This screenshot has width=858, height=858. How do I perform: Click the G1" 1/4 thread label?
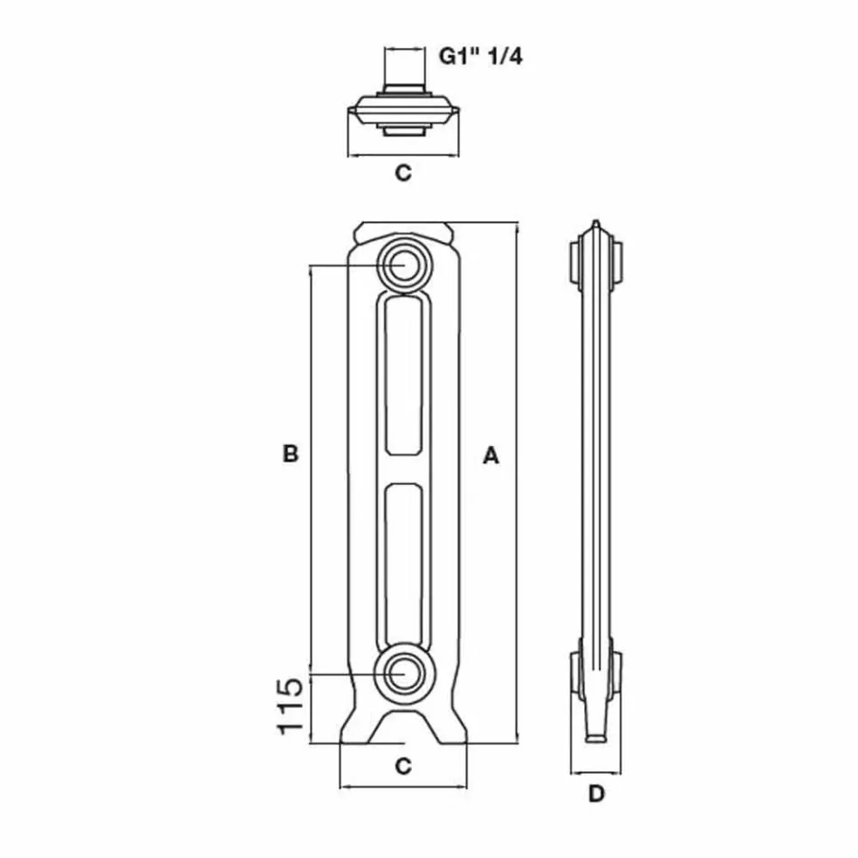click(x=480, y=56)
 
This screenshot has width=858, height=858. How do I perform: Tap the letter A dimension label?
click(x=490, y=455)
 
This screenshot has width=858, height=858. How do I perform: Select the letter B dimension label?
click(x=290, y=453)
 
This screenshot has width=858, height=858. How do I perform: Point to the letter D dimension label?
click(x=595, y=795)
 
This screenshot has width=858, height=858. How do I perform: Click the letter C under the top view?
click(x=403, y=173)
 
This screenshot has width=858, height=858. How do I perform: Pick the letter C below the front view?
click(x=403, y=767)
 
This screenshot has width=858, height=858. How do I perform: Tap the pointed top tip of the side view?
click(x=595, y=224)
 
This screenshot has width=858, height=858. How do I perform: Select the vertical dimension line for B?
click(x=311, y=470)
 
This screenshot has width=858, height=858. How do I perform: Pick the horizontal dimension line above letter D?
click(x=595, y=774)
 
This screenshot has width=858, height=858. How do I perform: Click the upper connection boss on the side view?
click(x=595, y=262)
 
